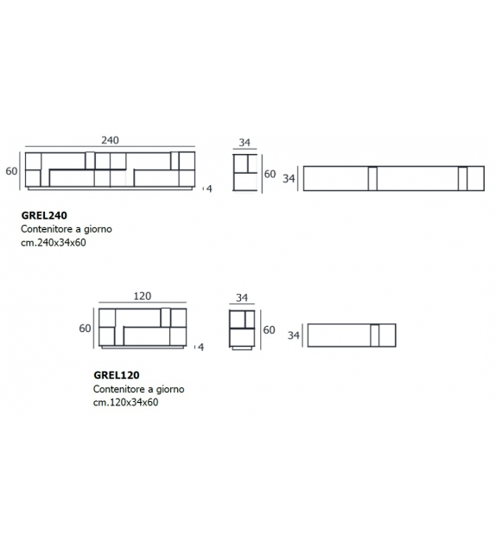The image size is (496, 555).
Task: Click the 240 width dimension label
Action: [x=110, y=140]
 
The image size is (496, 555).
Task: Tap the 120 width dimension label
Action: [x=143, y=296]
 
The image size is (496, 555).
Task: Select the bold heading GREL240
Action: [x=44, y=215]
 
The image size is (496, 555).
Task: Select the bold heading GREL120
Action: [x=117, y=375]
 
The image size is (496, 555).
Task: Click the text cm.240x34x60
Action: [x=54, y=242]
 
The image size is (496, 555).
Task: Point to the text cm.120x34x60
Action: [x=125, y=402]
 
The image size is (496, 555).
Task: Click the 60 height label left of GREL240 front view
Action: [x=11, y=171]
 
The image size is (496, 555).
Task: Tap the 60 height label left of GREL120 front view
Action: [x=85, y=329]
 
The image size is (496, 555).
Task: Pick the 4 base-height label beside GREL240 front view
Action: [x=209, y=188]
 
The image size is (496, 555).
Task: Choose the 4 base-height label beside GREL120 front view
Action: [x=201, y=347]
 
